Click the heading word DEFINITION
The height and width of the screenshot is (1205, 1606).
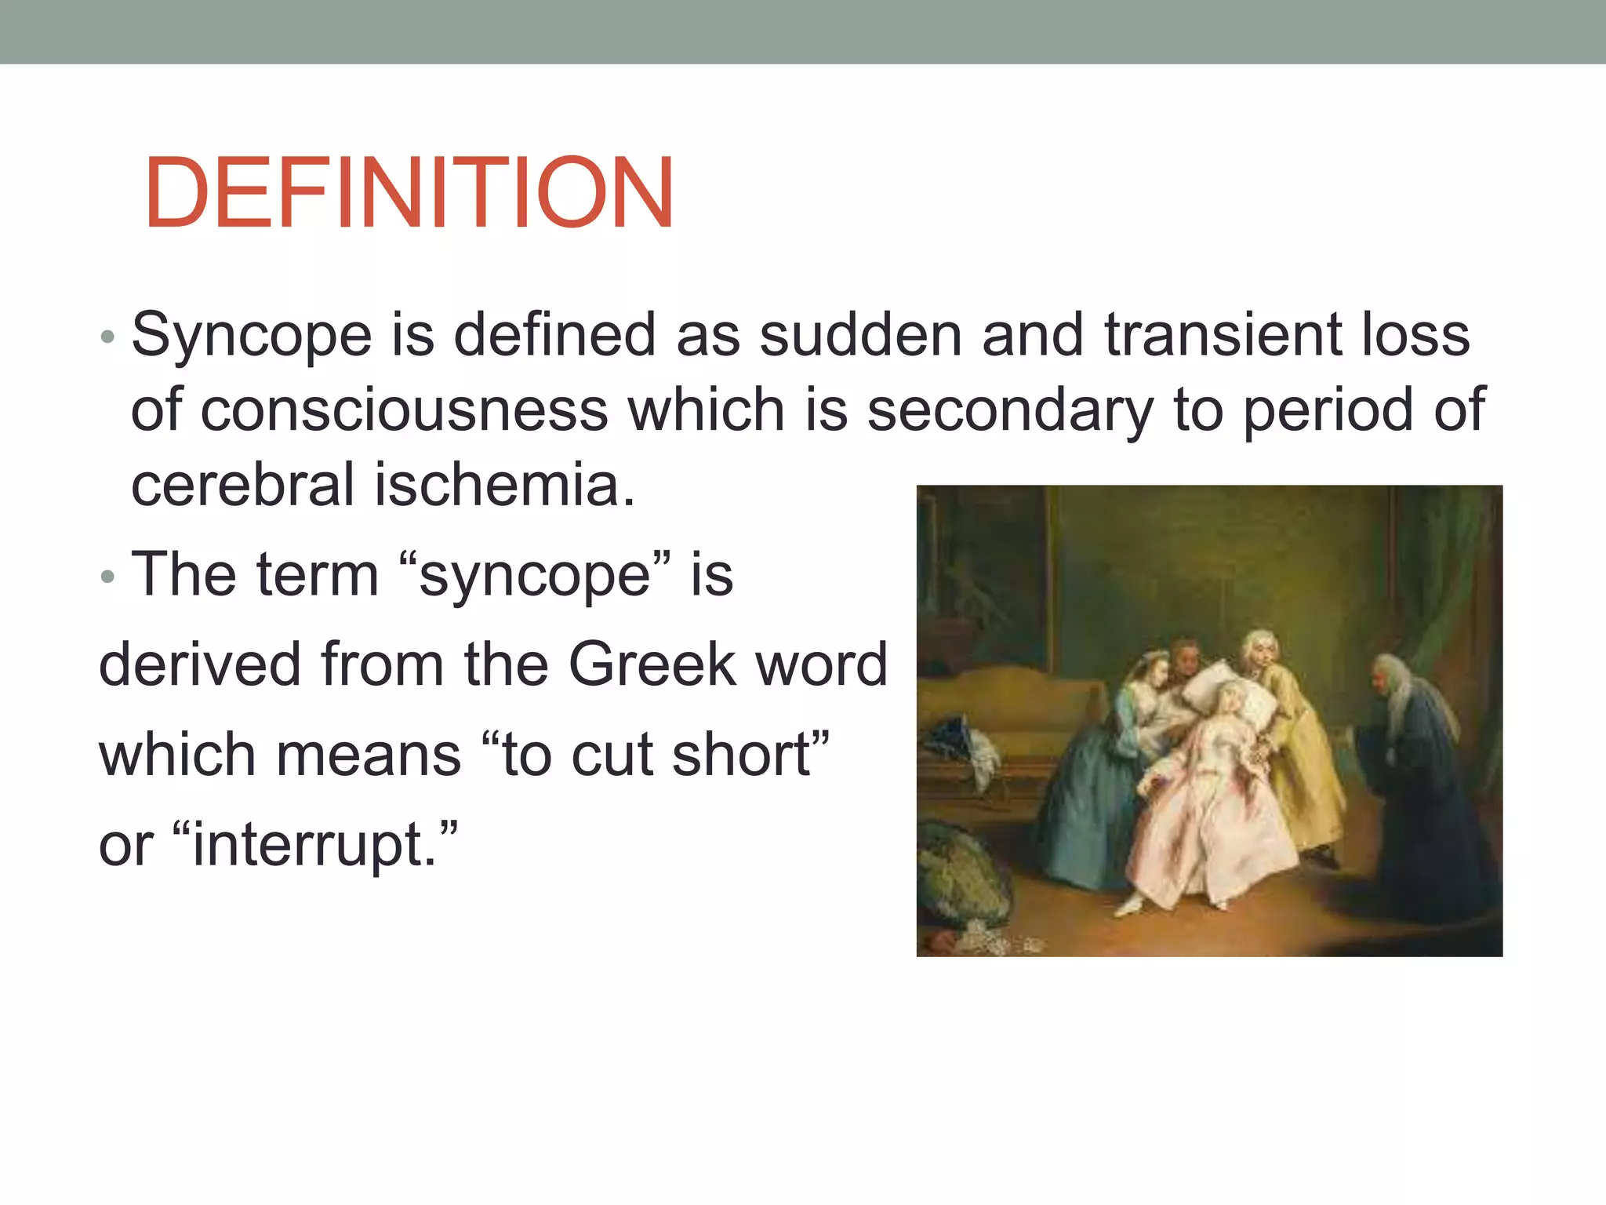coord(409,193)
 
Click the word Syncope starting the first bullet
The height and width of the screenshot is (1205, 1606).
coord(251,335)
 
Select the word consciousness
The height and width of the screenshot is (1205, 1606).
coord(405,410)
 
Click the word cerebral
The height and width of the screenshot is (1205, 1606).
coord(242,484)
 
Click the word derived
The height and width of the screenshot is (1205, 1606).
coord(200,664)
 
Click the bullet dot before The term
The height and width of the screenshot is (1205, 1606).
coord(108,577)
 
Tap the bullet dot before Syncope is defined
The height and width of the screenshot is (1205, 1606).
coord(108,338)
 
